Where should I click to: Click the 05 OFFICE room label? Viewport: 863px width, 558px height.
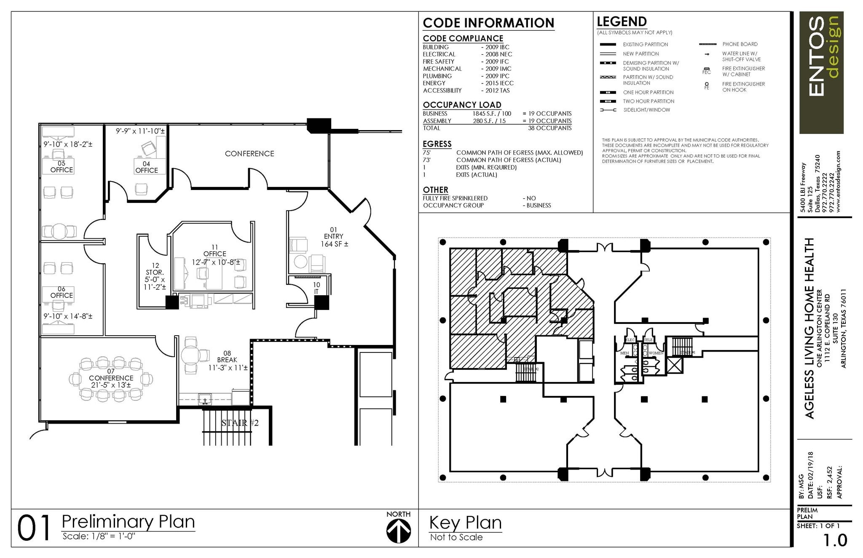click(x=62, y=167)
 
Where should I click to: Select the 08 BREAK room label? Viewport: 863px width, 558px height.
click(x=227, y=360)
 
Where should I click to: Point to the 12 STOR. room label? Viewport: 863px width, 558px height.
click(x=155, y=276)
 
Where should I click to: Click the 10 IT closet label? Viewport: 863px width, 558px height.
click(x=316, y=288)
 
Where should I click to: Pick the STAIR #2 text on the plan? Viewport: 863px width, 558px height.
click(x=240, y=423)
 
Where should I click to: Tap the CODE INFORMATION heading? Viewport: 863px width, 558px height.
click(x=488, y=23)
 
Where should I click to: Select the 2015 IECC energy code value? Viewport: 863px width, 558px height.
click(x=499, y=83)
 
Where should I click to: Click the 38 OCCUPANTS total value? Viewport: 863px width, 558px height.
click(x=549, y=128)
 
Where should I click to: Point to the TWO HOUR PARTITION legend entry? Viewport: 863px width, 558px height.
click(x=649, y=101)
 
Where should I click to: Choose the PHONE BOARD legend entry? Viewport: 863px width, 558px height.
click(x=740, y=44)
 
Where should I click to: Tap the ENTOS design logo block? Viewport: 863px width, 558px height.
click(x=821, y=72)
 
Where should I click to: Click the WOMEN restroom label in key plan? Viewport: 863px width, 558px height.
click(x=656, y=353)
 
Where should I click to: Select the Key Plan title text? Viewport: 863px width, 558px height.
click(x=465, y=523)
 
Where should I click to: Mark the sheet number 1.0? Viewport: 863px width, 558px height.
click(x=835, y=540)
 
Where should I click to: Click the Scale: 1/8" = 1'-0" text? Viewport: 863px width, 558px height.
click(x=99, y=536)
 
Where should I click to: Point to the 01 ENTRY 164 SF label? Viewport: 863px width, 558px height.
click(x=334, y=237)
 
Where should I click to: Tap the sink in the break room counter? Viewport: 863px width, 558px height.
click(x=205, y=399)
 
